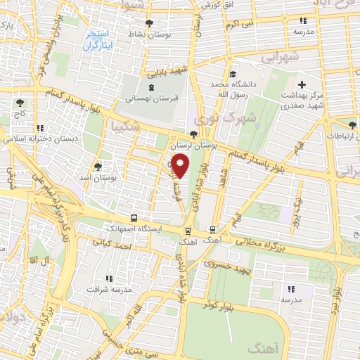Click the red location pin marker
pos(181,167)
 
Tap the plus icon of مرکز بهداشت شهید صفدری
pos(302,84)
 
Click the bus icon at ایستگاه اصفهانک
pos(134,219)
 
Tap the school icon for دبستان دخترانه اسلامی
pos(40,128)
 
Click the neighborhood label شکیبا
pos(122,127)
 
